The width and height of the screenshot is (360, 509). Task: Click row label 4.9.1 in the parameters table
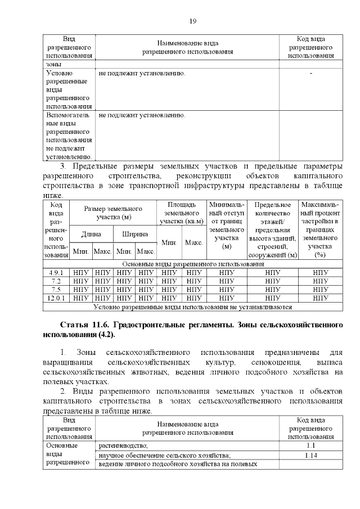coord(56,272)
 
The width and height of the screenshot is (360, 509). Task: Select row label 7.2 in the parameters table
coord(56,281)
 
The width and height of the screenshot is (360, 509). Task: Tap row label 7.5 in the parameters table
coord(56,290)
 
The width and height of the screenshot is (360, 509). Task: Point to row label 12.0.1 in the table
coord(56,298)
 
